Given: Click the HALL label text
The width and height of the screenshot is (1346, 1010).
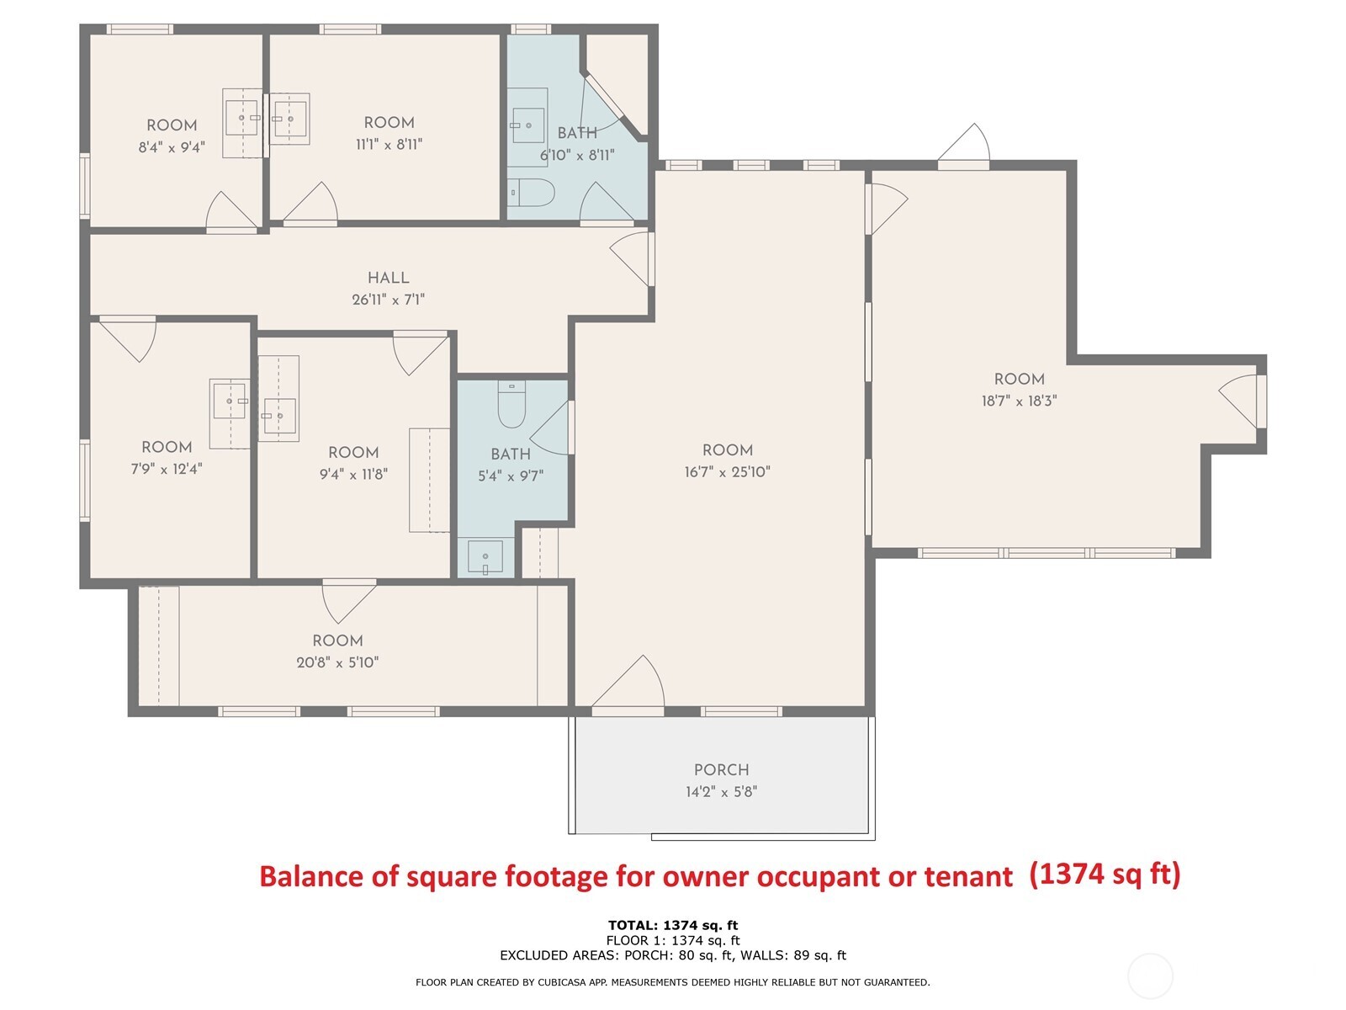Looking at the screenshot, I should (388, 278).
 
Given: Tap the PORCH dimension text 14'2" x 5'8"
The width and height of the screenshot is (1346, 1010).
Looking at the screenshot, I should (721, 791).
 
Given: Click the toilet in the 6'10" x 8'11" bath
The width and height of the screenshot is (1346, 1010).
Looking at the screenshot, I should (529, 193).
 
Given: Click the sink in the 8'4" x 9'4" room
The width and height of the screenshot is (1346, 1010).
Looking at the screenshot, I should (243, 119).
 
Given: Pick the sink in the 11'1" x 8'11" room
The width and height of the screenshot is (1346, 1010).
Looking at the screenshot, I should (289, 119).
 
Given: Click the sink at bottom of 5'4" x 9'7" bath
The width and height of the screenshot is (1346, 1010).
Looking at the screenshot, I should (485, 557).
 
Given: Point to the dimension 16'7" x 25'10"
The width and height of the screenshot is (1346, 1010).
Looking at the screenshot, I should (727, 472).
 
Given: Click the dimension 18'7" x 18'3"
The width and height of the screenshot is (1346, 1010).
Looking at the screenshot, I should (1019, 401).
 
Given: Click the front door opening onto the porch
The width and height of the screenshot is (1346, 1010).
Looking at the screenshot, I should (629, 683).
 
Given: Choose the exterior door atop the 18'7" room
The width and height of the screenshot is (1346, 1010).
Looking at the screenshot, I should (965, 145).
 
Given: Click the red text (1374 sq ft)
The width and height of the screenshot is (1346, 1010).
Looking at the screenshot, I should (1105, 875).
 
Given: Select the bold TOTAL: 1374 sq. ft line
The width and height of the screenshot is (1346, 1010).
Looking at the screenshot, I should (673, 926).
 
